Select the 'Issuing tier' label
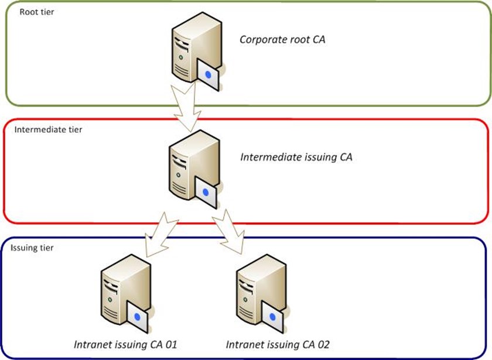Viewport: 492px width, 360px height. point(32,248)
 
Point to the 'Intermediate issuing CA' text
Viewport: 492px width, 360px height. point(296,157)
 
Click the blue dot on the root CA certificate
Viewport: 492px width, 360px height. point(209,74)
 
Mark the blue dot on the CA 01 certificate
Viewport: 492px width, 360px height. point(138,316)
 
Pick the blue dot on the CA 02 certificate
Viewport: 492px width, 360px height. point(273,317)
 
